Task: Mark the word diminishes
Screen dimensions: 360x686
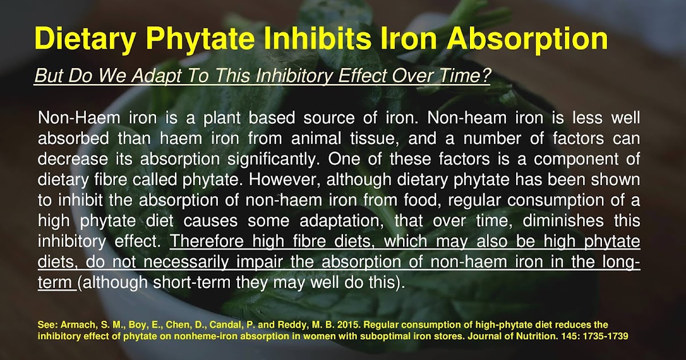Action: (557, 221)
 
